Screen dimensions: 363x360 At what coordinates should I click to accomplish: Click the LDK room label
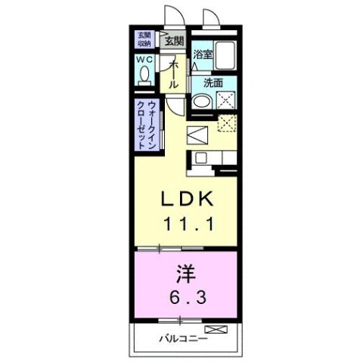click(x=190, y=199)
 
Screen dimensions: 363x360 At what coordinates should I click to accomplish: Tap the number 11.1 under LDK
click(x=190, y=223)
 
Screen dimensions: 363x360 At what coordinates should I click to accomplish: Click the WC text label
click(x=144, y=60)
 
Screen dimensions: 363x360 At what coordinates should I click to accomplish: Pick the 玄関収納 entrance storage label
click(x=144, y=38)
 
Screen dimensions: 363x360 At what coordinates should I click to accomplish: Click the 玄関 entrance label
click(x=174, y=40)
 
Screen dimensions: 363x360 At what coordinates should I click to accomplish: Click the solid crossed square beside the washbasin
click(x=225, y=101)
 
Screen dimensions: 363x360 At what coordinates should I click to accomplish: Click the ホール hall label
click(x=173, y=74)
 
